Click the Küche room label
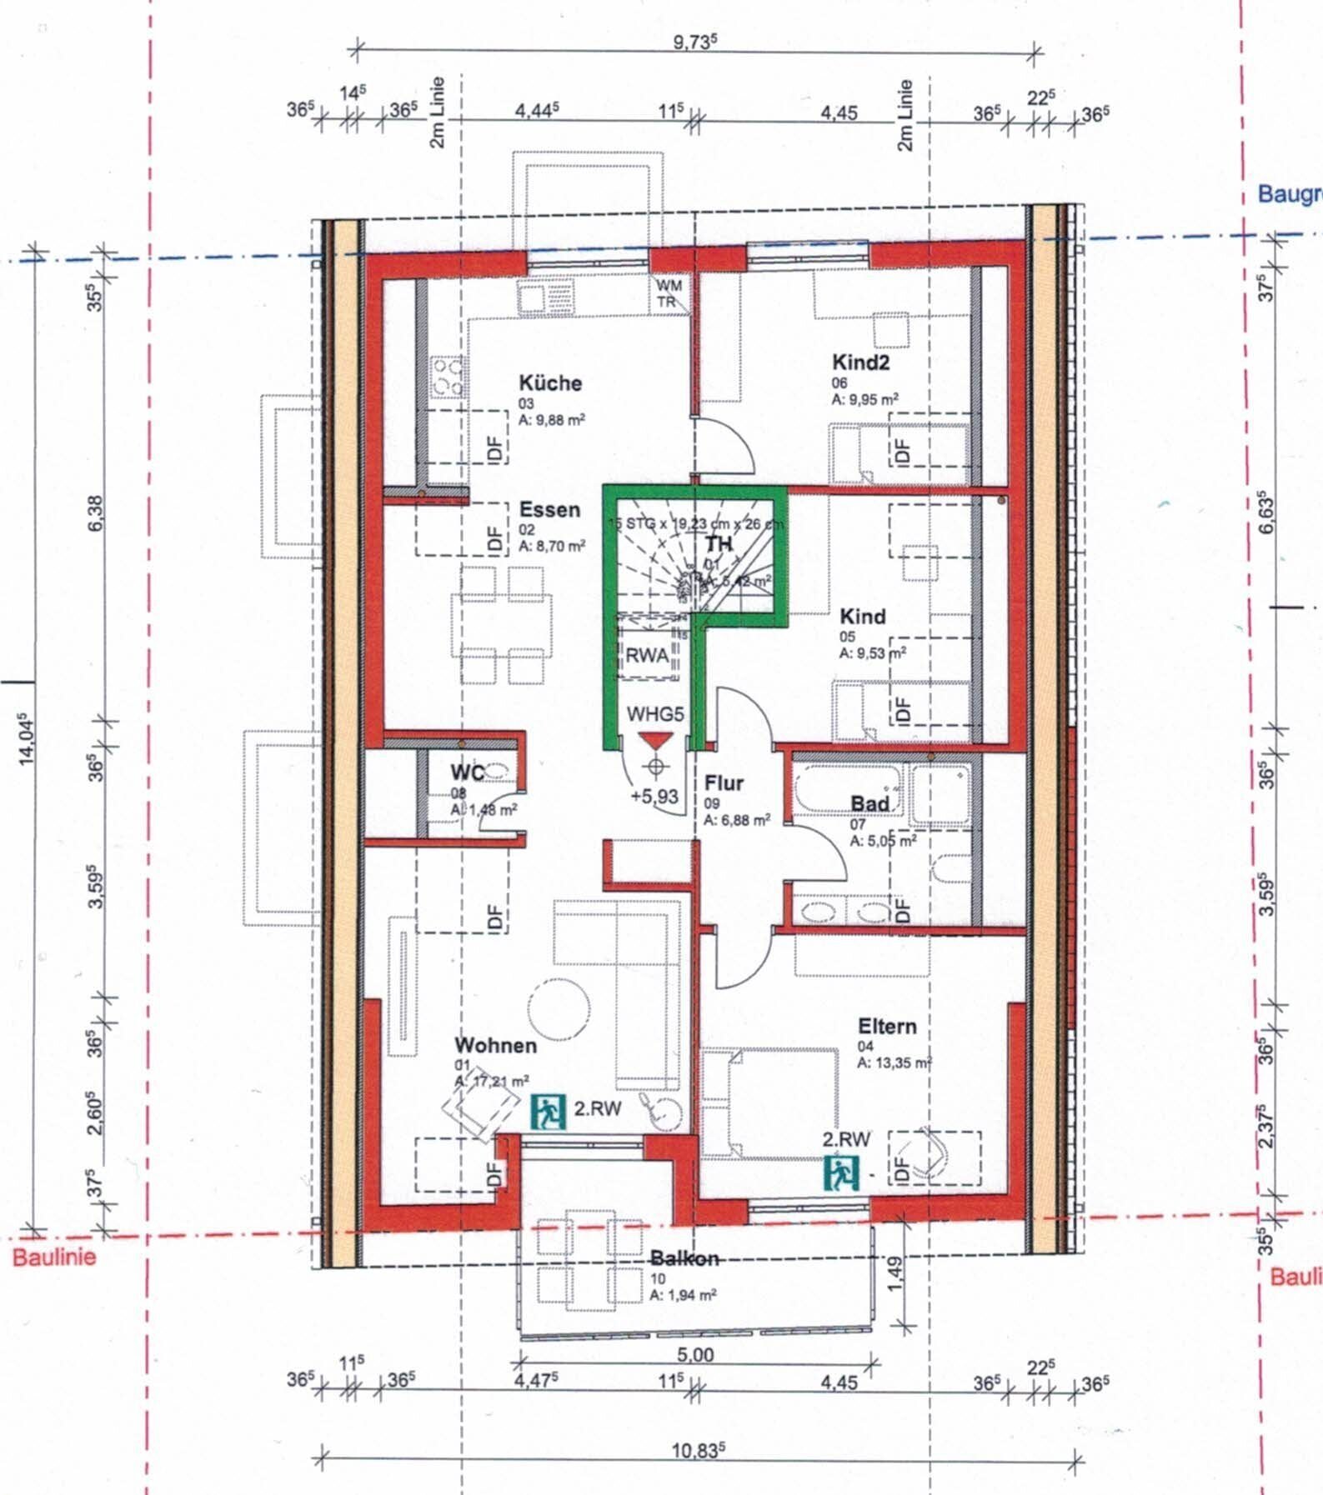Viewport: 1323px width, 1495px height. (550, 383)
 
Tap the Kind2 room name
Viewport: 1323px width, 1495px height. (860, 362)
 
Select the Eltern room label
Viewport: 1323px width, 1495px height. (887, 1026)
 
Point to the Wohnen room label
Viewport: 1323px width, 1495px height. (495, 1045)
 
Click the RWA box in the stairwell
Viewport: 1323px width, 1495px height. (647, 656)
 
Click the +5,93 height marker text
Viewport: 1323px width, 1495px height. (654, 797)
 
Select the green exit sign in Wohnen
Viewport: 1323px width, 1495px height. (547, 1112)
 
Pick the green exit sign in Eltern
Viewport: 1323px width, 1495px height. (840, 1173)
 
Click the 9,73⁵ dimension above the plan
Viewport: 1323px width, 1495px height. (696, 42)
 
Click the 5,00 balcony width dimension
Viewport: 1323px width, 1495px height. (696, 1355)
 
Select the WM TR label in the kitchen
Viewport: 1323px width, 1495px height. (669, 293)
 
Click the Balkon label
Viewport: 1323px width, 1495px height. (684, 1258)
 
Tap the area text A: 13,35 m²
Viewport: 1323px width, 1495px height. (894, 1063)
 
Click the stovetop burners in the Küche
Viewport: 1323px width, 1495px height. (447, 377)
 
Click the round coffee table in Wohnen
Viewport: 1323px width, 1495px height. (559, 1009)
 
